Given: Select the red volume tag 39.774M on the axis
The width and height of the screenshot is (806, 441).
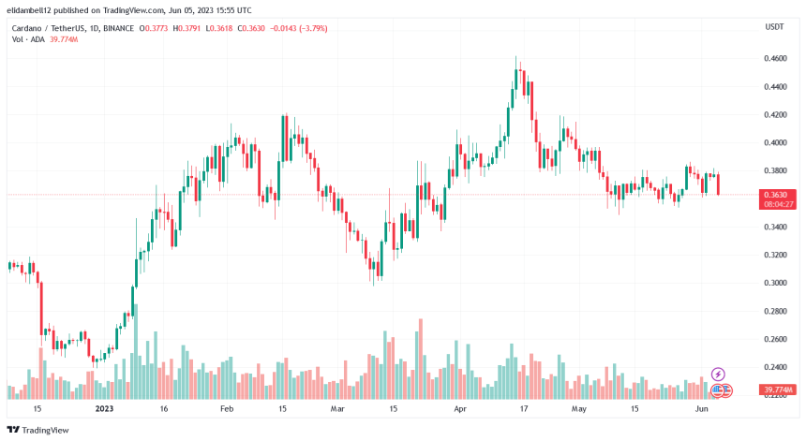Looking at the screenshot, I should tap(778, 390).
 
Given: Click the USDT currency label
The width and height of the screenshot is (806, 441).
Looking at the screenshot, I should tap(774, 27).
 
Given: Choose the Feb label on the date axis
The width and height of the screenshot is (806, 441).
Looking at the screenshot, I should tap(228, 409).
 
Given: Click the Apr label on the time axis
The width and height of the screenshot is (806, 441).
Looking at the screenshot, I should tap(460, 409).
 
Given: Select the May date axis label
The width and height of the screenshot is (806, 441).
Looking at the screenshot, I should tap(578, 409).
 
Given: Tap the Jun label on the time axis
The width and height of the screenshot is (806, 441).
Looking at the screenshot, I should tap(700, 409).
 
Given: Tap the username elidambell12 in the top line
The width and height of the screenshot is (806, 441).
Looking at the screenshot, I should tap(31, 8).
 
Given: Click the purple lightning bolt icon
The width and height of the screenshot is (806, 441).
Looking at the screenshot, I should tap(719, 374).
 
